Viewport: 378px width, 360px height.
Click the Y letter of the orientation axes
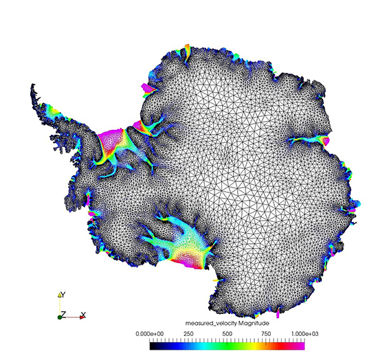[63, 293]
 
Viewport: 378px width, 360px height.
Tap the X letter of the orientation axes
[83, 315]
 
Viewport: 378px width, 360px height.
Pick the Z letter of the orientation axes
[63, 314]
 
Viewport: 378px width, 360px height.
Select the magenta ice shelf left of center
[110, 140]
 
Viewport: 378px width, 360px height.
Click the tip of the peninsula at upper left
[32, 87]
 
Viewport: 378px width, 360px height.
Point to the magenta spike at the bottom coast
[278, 315]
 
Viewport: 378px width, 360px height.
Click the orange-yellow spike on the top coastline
[186, 48]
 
